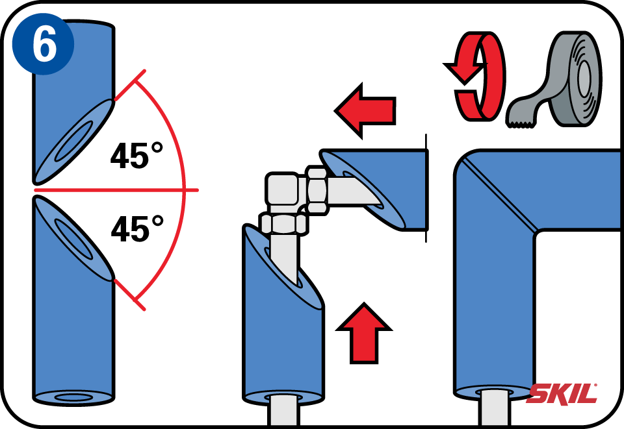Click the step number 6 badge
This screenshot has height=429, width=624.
coord(43,43)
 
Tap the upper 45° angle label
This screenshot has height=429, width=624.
coord(136,155)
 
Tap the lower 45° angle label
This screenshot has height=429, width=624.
coord(137,228)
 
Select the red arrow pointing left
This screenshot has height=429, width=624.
coord(365,111)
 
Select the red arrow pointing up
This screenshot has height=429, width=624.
coord(364,333)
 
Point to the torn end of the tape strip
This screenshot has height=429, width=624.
coord(520,124)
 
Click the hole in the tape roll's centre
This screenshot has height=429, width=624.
coord(584,78)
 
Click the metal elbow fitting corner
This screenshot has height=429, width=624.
coord(281,191)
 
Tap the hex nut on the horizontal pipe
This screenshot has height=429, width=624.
coord(317,191)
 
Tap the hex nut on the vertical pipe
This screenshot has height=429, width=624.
coord(283,223)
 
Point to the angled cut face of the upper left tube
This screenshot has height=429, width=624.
coord(74,141)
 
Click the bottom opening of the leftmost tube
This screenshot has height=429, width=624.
coord(74,397)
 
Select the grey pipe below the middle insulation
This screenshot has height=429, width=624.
coord(284,410)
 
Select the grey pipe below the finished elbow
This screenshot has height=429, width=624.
coord(494,408)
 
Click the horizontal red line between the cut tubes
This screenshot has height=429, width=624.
coord(116,190)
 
